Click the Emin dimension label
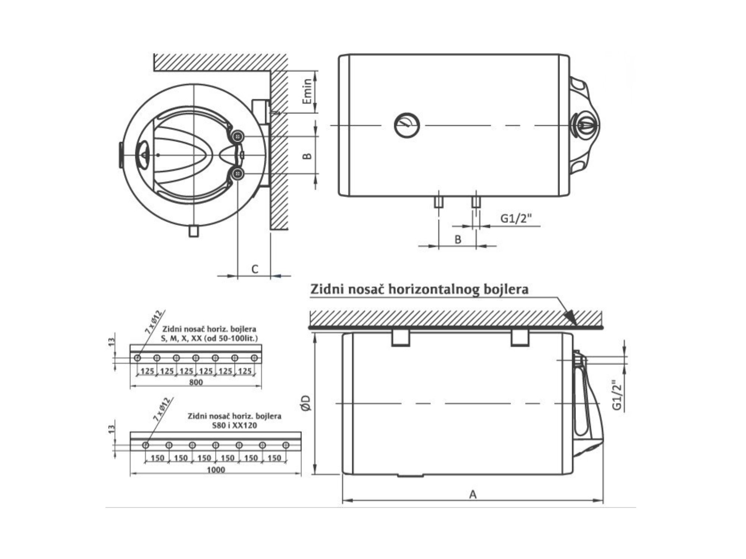[307, 91]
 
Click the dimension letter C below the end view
[255, 269]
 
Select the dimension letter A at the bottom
[473, 495]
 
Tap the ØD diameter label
[306, 403]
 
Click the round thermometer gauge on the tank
[407, 125]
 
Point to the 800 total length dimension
[196, 382]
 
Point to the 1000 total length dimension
[216, 470]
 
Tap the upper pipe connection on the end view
[238, 137]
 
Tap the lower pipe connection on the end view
[238, 174]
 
